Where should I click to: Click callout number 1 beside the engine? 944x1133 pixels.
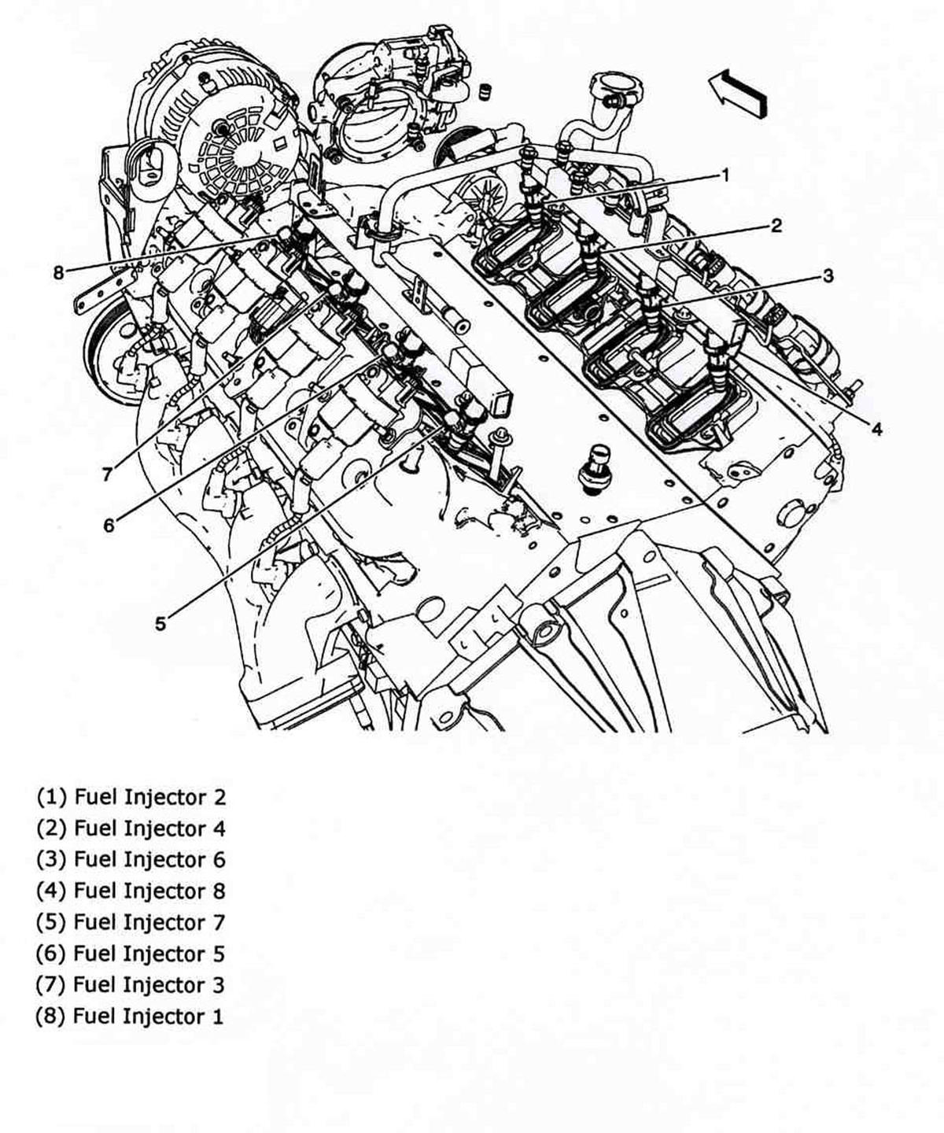point(725,175)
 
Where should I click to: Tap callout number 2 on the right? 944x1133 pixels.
point(776,226)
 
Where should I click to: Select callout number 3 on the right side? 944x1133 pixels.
point(828,275)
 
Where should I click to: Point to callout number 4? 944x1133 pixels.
point(876,428)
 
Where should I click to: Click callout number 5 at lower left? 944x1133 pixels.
point(160,624)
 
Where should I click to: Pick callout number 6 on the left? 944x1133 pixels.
point(109,525)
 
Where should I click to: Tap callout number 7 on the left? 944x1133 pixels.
point(106,474)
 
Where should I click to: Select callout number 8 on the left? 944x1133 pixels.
point(58,273)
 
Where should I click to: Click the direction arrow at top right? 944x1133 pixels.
point(737,93)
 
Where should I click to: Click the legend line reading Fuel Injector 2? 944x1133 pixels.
point(131,797)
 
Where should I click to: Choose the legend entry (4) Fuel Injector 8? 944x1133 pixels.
point(131,891)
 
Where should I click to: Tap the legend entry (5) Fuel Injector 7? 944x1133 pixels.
point(131,922)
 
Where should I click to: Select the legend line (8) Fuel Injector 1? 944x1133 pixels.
point(131,1016)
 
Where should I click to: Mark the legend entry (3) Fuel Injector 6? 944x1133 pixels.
point(131,859)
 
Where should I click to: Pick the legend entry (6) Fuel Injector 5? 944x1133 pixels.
point(131,954)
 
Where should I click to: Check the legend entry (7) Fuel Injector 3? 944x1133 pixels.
point(131,984)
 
